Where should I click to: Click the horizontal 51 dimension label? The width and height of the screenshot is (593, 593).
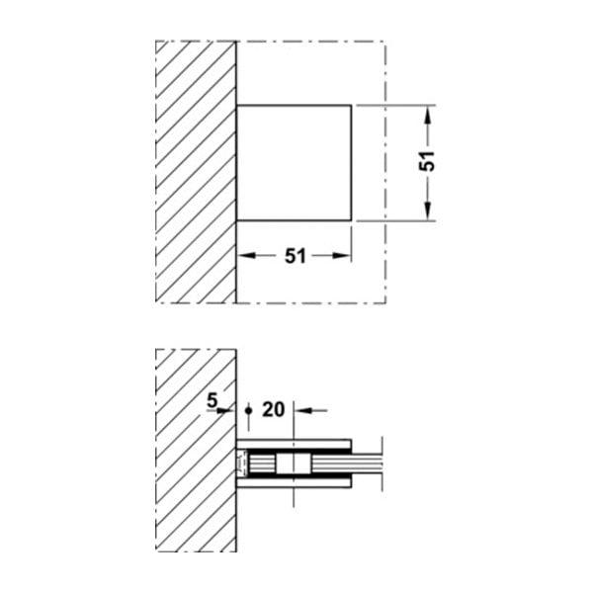tap(295, 256)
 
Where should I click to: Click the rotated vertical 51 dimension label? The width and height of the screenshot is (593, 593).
tap(427, 161)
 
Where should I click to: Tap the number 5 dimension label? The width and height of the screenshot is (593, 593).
tap(212, 400)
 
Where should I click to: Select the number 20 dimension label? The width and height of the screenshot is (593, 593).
tap(274, 409)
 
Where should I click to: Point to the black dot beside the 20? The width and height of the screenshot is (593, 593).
tap(248, 410)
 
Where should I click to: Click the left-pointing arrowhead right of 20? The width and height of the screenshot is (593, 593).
tap(303, 410)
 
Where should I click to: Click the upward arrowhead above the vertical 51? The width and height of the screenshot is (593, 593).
tap(427, 115)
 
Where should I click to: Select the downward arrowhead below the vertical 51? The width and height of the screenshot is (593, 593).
tap(427, 212)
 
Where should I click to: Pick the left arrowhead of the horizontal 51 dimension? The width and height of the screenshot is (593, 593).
tap(246, 256)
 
